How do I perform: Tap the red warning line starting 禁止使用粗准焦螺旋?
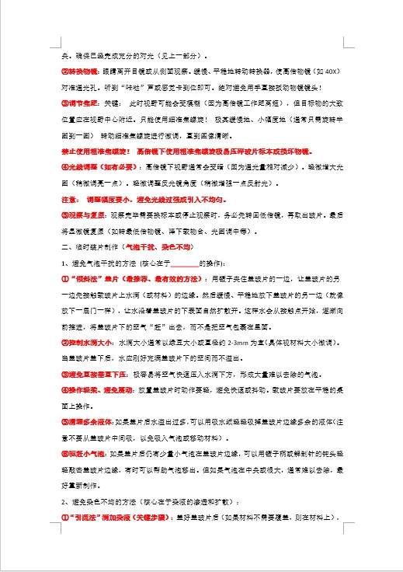(194, 150)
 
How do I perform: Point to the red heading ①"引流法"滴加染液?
(116, 517)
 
